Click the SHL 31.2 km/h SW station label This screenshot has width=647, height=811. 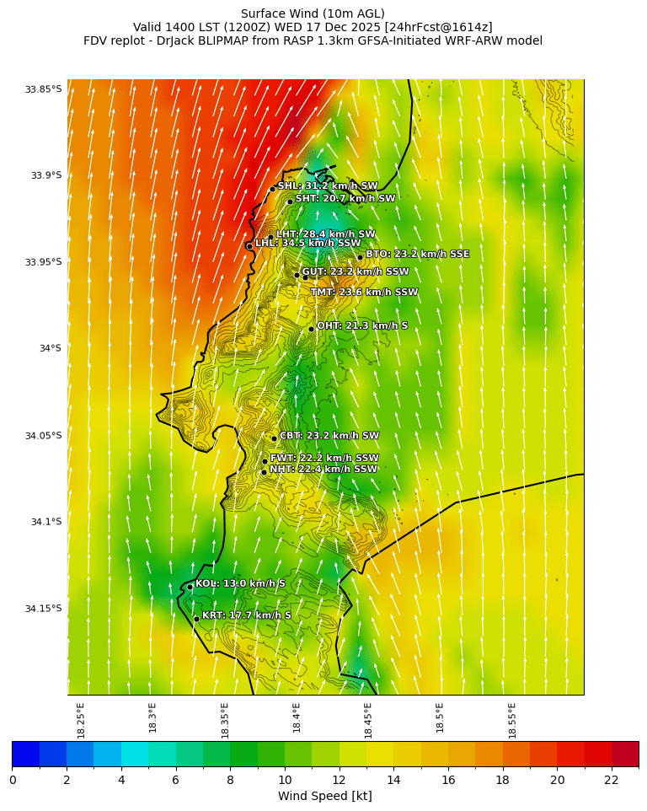(328, 186)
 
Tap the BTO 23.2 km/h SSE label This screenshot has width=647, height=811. (417, 254)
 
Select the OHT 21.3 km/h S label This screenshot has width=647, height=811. (362, 325)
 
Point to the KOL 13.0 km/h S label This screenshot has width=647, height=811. (240, 583)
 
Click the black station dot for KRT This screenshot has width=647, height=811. (196, 619)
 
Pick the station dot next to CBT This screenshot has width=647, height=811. (274, 438)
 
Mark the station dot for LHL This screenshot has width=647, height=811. (249, 246)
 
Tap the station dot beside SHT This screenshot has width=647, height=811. (290, 201)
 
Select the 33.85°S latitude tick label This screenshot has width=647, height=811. (43, 89)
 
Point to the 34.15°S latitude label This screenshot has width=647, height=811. (43, 609)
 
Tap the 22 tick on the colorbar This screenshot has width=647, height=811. (612, 780)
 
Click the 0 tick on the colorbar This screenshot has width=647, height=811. (12, 780)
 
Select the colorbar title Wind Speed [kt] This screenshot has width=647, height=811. (324, 796)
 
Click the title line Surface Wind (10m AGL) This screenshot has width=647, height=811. (313, 13)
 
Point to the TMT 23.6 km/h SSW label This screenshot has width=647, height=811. (364, 293)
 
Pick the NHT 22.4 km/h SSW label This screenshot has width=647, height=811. (323, 469)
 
